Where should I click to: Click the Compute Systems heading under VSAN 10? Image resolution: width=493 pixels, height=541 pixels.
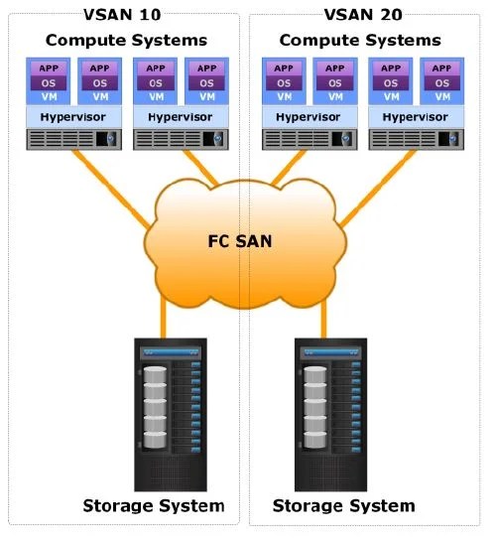tap(127, 41)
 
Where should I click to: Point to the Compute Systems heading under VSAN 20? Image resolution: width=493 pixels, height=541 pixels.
tap(360, 41)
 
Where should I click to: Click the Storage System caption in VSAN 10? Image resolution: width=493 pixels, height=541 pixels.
tap(154, 506)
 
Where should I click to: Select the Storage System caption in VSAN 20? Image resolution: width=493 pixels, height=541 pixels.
tap(343, 506)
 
